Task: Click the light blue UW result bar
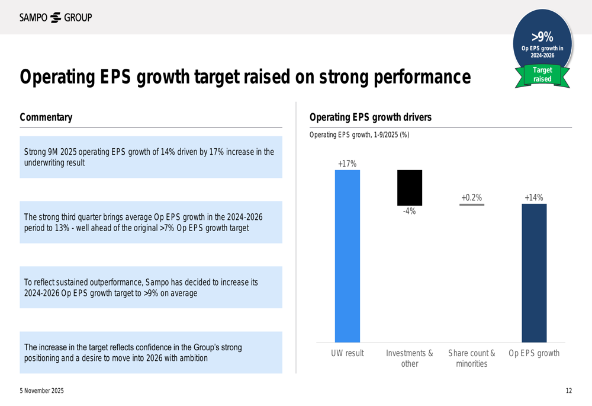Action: click(x=348, y=256)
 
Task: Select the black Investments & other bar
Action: click(x=410, y=188)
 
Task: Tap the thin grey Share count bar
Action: click(x=472, y=204)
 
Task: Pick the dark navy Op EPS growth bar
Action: click(x=534, y=273)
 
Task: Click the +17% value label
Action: click(x=348, y=164)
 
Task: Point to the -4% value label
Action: click(x=410, y=212)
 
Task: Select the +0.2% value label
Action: click(x=472, y=198)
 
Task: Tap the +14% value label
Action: click(x=534, y=198)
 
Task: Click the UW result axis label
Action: click(x=348, y=353)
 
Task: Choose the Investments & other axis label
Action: click(x=410, y=359)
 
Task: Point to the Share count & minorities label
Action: click(x=472, y=359)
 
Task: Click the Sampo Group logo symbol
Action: click(x=56, y=17)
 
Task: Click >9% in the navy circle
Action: click(x=542, y=37)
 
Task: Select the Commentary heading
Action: click(x=46, y=117)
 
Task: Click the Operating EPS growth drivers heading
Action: click(x=371, y=117)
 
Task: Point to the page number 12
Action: click(x=568, y=391)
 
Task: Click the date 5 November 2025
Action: click(x=42, y=391)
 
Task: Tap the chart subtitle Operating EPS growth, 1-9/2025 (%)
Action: click(x=359, y=135)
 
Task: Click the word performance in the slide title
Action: click(x=422, y=77)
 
